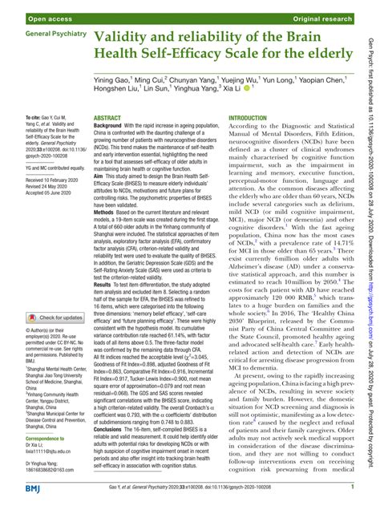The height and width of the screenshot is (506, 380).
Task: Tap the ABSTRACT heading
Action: click(x=107, y=117)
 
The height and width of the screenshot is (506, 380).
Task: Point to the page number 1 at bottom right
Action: click(x=353, y=487)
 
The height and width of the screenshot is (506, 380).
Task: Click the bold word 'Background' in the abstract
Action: click(x=111, y=126)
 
